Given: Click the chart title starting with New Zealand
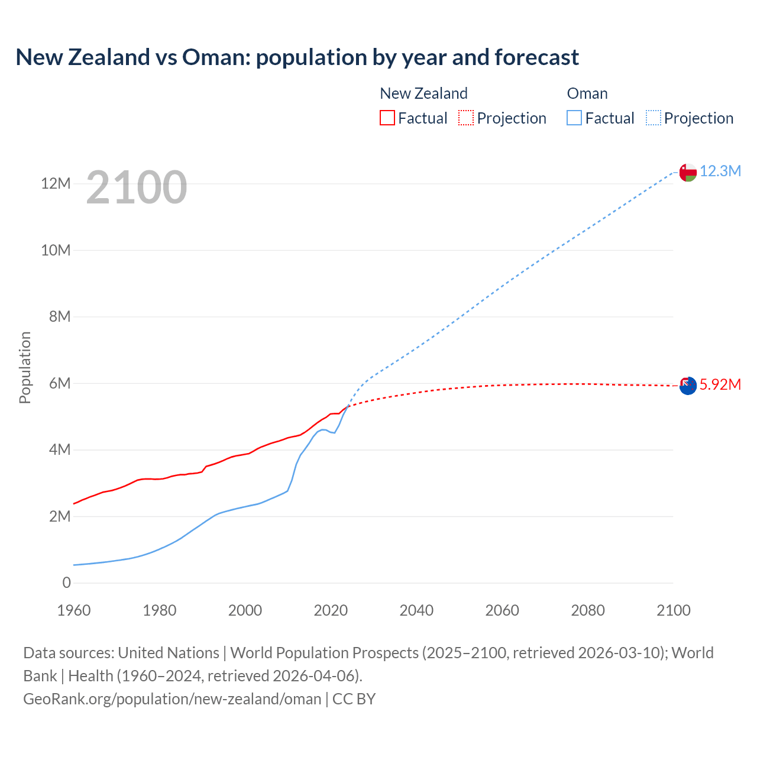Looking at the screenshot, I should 297,57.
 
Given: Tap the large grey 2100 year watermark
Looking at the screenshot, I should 137,187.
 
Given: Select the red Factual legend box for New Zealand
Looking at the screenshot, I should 387,118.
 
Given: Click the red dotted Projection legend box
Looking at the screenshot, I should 466,118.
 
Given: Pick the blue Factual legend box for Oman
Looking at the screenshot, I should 574,118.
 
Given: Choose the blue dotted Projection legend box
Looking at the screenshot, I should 654,118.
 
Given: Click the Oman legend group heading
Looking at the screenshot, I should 587,93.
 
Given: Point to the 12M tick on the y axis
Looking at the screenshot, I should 56,184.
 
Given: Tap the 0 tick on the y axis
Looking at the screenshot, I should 66,583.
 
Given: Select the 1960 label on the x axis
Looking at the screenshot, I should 74,610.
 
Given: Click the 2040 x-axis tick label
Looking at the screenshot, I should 416,610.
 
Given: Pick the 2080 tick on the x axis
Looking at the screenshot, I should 588,610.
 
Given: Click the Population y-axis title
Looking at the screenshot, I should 25,367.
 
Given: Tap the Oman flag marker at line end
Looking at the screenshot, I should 688,172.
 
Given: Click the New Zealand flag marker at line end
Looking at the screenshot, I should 688,386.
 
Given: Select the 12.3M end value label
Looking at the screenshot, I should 720,172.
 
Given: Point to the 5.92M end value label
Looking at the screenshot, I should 720,385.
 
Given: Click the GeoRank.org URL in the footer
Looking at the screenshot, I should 172,699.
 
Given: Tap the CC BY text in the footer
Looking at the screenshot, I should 354,699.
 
